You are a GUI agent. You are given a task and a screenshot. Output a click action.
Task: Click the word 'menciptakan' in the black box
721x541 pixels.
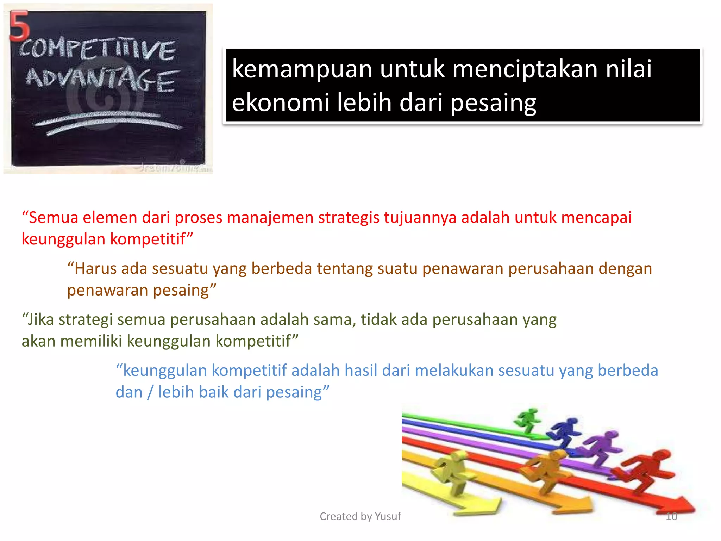(x=525, y=69)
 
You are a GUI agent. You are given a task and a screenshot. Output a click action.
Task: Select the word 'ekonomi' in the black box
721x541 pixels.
(x=280, y=102)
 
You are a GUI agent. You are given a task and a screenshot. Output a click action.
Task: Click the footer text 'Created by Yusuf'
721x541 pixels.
(x=360, y=516)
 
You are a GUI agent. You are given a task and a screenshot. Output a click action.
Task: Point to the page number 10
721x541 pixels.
(x=671, y=516)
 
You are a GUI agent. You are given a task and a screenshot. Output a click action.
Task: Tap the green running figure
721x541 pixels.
(x=527, y=420)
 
